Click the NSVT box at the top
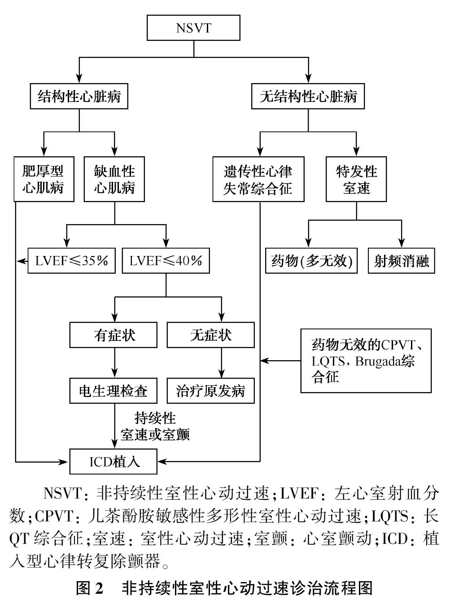(193, 28)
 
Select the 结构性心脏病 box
(79, 96)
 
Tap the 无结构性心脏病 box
(308, 96)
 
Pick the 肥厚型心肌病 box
(44, 179)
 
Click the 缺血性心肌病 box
(114, 179)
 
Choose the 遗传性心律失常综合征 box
(258, 179)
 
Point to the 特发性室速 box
(357, 179)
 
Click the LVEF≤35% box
(71, 260)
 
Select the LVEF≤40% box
(166, 260)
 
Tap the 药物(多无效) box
(311, 260)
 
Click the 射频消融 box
(402, 260)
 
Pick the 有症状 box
(114, 335)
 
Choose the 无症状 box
(210, 335)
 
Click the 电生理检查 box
(114, 391)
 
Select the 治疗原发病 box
(210, 391)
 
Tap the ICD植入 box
(114, 461)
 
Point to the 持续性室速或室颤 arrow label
(155, 426)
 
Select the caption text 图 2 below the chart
(90, 588)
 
